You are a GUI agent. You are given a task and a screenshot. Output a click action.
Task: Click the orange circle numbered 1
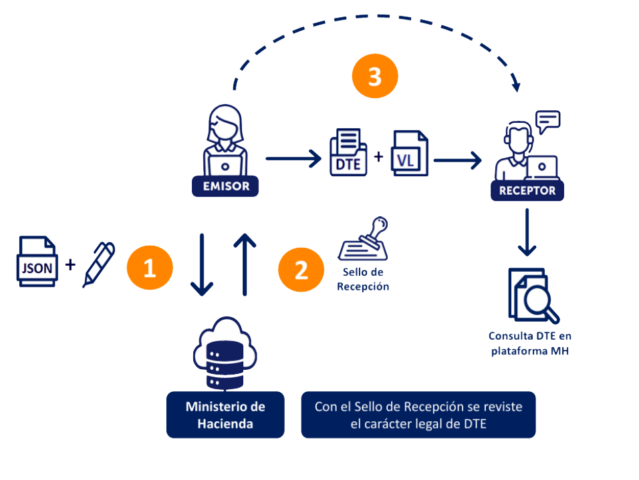150,268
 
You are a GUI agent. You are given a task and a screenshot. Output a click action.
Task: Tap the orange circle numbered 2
301,270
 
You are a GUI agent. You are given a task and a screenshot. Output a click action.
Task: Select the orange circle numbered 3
375,77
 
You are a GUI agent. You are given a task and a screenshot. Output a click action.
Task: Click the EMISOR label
225,186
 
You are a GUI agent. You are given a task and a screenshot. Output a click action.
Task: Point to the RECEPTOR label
527,191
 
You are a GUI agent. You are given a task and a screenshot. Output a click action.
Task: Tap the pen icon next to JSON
98,264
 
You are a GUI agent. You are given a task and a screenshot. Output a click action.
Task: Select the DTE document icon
348,153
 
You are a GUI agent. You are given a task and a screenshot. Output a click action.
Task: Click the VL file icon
409,154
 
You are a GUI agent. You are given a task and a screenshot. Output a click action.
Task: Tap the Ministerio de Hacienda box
225,415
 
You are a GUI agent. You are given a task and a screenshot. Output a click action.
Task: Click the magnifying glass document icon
533,294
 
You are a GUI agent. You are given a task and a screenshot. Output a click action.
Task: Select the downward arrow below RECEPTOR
528,232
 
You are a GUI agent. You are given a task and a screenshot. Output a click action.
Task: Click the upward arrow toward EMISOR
245,264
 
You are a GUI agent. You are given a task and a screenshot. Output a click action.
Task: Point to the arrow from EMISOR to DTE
292,159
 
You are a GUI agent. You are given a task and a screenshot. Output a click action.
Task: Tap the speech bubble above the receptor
547,122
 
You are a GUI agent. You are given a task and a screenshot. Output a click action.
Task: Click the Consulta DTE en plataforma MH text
529,342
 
